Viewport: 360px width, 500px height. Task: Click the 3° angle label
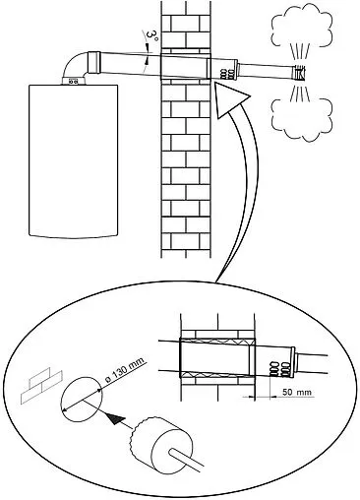[x=152, y=35]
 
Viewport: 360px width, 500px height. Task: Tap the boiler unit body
[x=73, y=160]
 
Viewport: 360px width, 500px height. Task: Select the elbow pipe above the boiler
[x=75, y=66]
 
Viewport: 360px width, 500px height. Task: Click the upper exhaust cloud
[x=302, y=27]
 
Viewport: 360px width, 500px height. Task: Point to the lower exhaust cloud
[x=302, y=119]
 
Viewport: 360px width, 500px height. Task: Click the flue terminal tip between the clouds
[x=300, y=74]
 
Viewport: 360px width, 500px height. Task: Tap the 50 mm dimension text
[x=297, y=392]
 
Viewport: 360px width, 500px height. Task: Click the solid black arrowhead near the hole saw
[x=115, y=418]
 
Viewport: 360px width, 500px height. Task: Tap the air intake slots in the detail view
[x=279, y=368]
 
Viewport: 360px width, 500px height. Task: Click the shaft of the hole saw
[x=185, y=460]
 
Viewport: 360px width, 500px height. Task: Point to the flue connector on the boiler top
[x=74, y=81]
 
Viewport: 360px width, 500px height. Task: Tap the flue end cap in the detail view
[x=292, y=361]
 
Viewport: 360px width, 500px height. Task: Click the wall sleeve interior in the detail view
[x=215, y=357]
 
